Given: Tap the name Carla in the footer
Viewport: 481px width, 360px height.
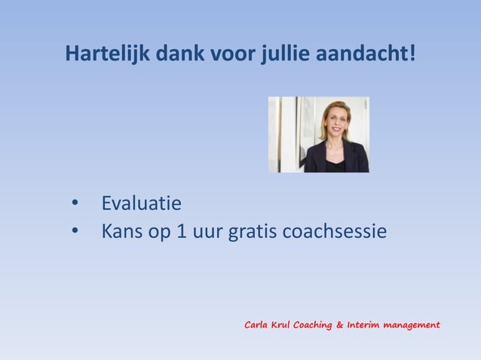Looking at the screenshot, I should tap(256, 325).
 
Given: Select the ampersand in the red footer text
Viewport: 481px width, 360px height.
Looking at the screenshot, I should tap(340, 325).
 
